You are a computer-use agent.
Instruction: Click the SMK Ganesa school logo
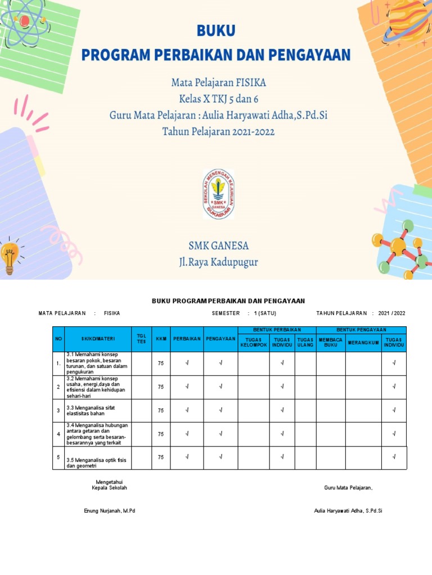(x=218, y=194)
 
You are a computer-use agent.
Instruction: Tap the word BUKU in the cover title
(x=216, y=30)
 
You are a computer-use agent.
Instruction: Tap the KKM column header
(x=161, y=339)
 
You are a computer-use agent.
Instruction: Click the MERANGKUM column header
(x=363, y=342)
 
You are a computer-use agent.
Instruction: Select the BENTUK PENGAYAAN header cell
(x=361, y=330)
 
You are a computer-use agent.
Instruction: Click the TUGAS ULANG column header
(x=305, y=342)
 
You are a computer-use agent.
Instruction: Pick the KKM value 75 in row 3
(x=161, y=410)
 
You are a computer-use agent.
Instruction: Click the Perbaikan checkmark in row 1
(x=187, y=363)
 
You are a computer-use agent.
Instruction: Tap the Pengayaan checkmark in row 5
(x=220, y=457)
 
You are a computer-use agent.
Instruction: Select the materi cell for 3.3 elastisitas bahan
(x=98, y=410)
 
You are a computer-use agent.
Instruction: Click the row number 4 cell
(x=58, y=434)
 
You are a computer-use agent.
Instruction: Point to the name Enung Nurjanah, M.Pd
(x=109, y=510)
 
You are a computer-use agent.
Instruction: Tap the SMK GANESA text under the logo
(x=218, y=246)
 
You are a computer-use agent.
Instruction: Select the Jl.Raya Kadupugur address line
(x=218, y=262)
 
